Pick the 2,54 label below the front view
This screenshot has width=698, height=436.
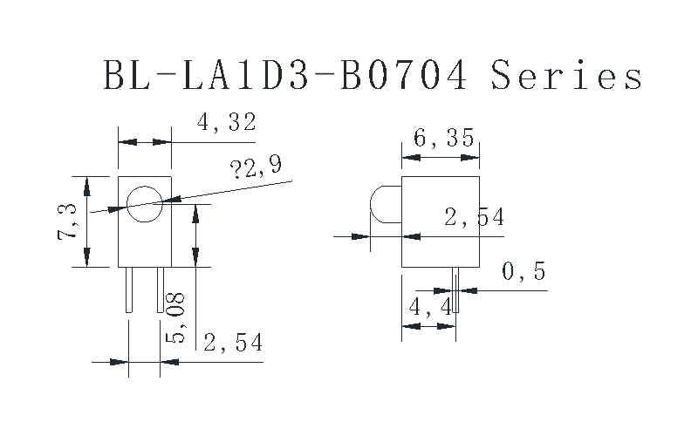click(x=232, y=343)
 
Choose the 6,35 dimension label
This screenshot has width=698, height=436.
click(x=445, y=138)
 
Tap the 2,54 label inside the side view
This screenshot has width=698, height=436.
click(x=474, y=217)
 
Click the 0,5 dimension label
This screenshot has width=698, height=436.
click(x=523, y=272)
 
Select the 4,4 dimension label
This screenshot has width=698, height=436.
click(x=428, y=307)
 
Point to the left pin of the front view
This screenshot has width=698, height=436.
click(x=129, y=290)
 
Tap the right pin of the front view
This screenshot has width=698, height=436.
click(x=160, y=290)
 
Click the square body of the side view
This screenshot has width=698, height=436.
click(x=441, y=221)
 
